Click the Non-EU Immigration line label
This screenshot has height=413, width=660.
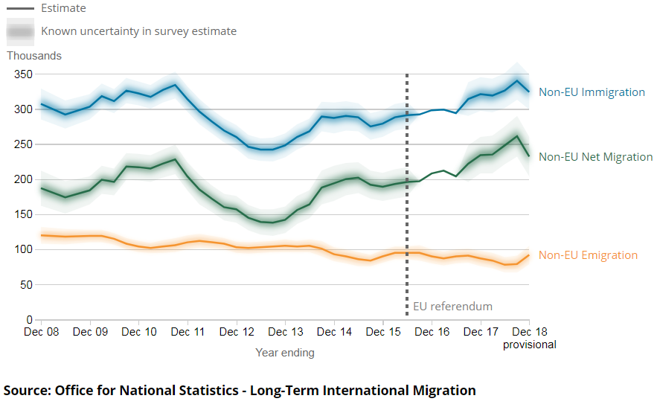[592, 92]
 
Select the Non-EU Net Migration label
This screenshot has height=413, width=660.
[595, 157]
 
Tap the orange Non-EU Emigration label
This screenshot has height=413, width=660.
[588, 255]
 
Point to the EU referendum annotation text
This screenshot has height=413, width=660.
[452, 307]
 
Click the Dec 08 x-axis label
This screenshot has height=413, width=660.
[41, 332]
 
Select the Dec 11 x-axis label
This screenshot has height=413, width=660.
[188, 332]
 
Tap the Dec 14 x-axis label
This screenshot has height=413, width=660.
[334, 332]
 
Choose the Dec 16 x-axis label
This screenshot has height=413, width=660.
[432, 332]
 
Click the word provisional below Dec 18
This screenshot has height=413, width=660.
[529, 345]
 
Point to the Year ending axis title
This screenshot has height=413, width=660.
[285, 353]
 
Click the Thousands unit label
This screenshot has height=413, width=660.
[34, 56]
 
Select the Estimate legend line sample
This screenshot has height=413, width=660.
[20, 9]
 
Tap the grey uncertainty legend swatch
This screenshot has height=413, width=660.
[20, 31]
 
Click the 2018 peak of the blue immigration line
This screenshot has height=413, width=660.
[517, 80]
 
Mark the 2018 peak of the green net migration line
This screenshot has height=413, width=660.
[517, 136]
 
